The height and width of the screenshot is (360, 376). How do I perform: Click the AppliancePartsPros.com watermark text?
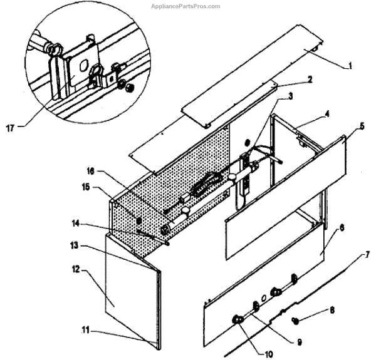(185, 6)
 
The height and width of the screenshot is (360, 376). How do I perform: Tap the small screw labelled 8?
(297, 321)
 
